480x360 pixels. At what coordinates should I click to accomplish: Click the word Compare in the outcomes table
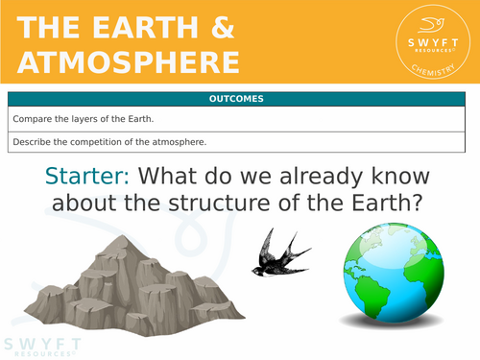34,119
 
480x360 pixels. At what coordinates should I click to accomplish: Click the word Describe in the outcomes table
35,143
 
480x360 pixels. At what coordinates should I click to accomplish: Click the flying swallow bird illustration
280,252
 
